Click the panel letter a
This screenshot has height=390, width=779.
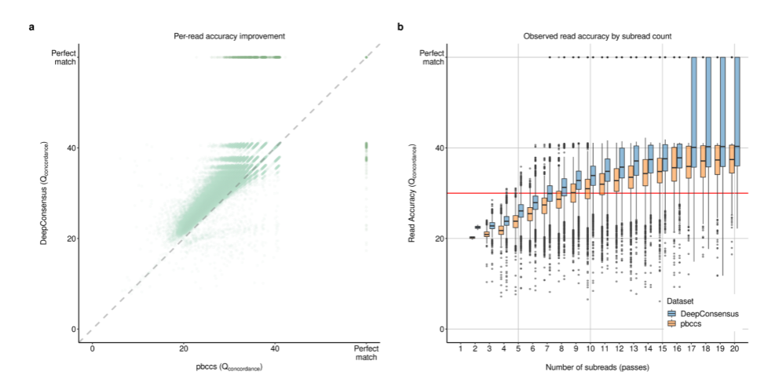(31, 27)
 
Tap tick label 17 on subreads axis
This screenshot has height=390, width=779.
(691, 348)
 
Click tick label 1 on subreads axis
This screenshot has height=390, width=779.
(460, 348)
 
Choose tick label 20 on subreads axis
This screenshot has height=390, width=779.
(734, 348)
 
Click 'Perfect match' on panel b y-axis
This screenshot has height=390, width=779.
(432, 57)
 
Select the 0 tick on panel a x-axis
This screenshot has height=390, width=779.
(92, 348)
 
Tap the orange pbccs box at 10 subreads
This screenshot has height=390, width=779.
(587, 188)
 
